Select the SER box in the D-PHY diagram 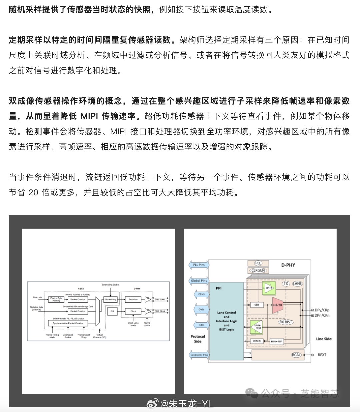click(x=257, y=305)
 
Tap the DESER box click(x=257, y=341)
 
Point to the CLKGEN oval click(x=258, y=270)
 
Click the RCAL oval click(x=296, y=355)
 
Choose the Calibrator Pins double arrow click(x=199, y=355)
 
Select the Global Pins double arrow click(x=199, y=281)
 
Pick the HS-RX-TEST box click(x=277, y=341)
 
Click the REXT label click(x=322, y=355)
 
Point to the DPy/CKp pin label click(x=322, y=310)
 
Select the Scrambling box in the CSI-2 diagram click(x=111, y=299)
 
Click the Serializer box click(x=133, y=299)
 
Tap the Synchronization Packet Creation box click(x=68, y=323)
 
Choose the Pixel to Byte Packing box click(x=56, y=299)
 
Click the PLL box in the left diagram click(x=112, y=311)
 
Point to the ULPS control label click(x=147, y=324)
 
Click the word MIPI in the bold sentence click(x=89, y=116)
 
